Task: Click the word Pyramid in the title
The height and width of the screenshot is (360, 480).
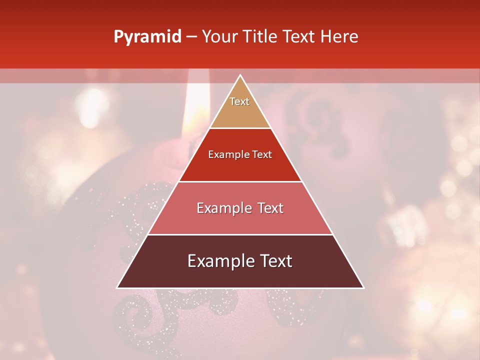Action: point(147,37)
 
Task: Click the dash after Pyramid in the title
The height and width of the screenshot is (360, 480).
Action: point(191,37)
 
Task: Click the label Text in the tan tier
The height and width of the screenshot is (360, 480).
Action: point(239,101)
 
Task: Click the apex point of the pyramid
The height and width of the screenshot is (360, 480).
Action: point(240,75)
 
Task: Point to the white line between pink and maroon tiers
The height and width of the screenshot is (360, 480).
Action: point(240,234)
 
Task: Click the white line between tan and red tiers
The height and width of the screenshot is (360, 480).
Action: point(240,128)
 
